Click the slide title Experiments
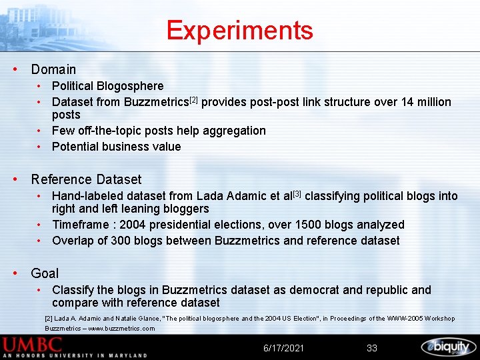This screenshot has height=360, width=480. (239, 31)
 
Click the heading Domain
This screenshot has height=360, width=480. (53, 69)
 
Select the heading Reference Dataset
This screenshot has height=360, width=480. (86, 179)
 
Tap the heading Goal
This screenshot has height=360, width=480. (45, 273)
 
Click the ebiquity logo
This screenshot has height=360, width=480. (448, 347)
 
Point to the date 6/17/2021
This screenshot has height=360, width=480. (284, 348)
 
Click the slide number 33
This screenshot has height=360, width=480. (372, 348)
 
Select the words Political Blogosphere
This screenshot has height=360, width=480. (107, 86)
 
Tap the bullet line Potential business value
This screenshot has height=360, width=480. (116, 147)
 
